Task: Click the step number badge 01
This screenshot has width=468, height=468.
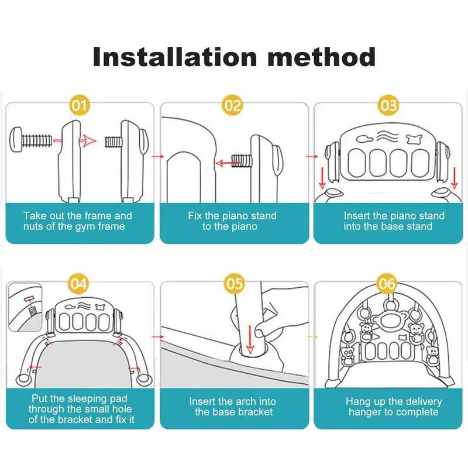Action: [x=80, y=106]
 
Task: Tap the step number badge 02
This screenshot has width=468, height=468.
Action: [x=233, y=106]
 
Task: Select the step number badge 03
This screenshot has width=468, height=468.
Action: [x=388, y=106]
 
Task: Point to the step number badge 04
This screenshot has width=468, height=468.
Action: [x=80, y=284]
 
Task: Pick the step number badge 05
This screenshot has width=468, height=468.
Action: [x=234, y=284]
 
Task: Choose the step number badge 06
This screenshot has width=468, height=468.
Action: [x=388, y=284]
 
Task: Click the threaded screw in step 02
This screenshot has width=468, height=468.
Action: [x=242, y=159]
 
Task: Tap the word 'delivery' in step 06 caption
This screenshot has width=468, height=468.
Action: [x=422, y=401]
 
